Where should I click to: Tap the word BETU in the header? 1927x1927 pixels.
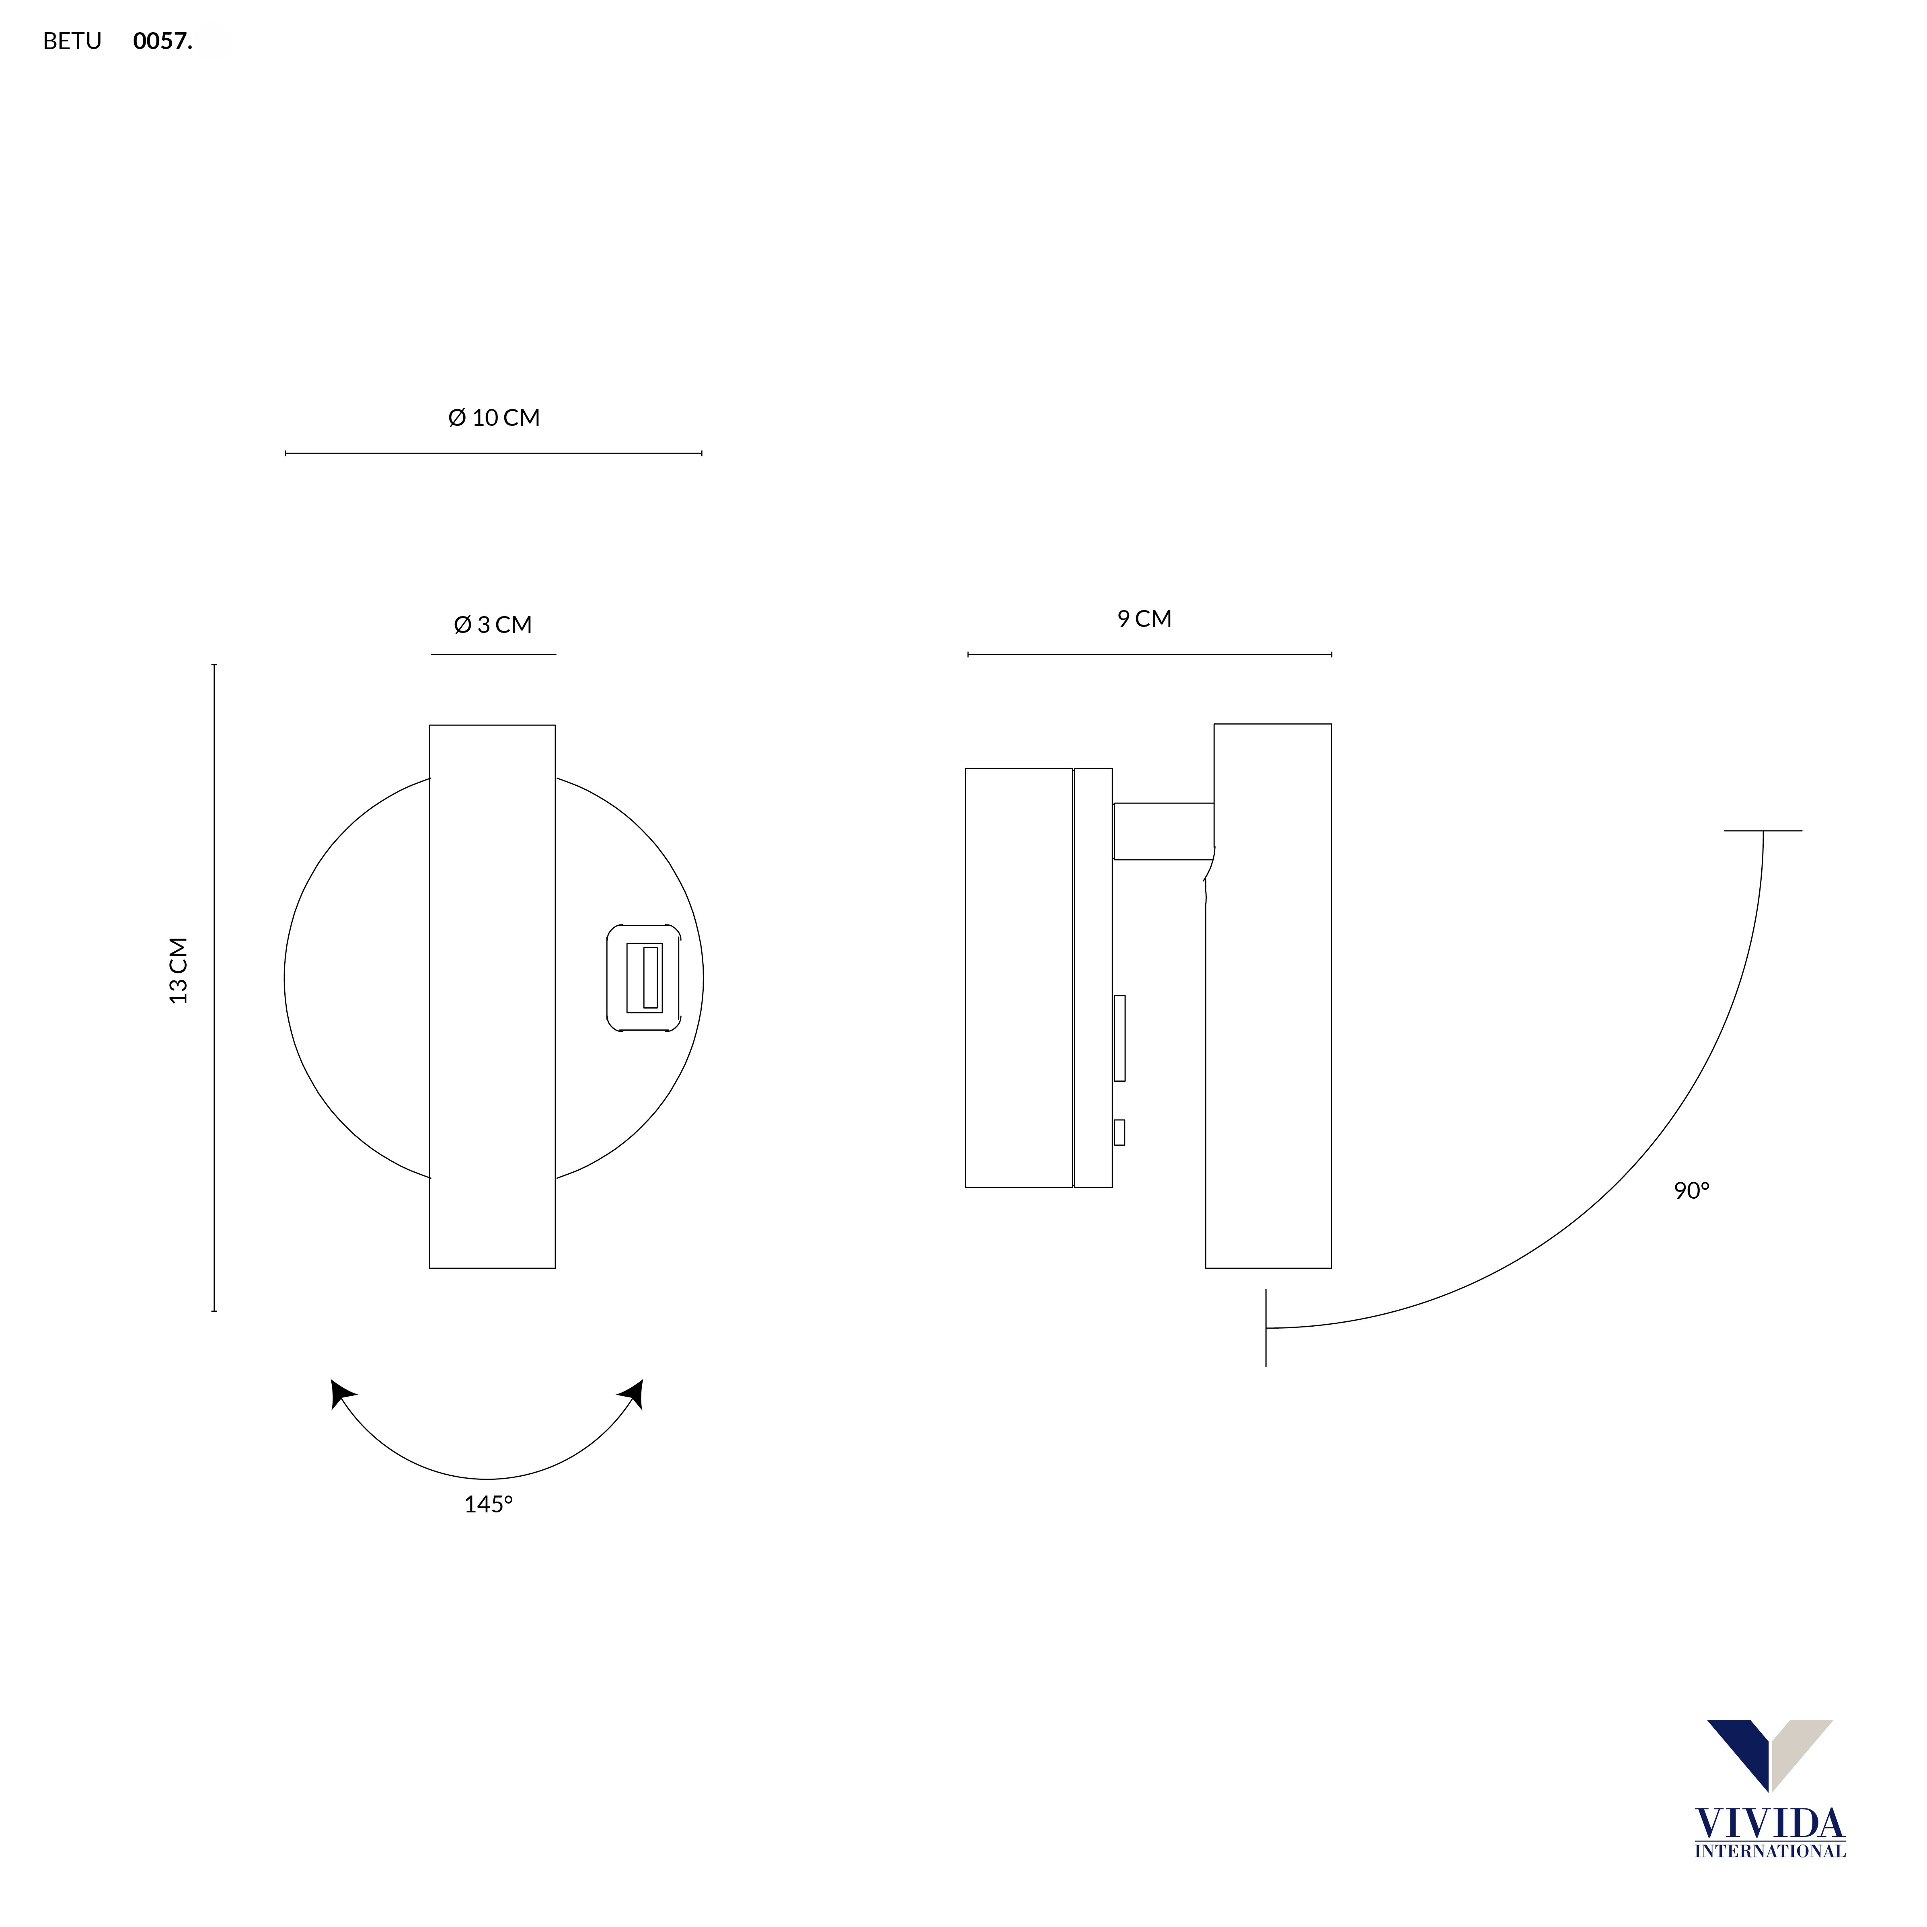pyautogui.click(x=72, y=41)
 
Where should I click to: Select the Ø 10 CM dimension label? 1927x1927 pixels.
pyautogui.click(x=494, y=418)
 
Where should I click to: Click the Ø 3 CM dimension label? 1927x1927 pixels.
pyautogui.click(x=493, y=625)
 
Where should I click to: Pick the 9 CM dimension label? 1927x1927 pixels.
pyautogui.click(x=1144, y=619)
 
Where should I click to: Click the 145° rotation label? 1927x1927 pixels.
pyautogui.click(x=488, y=1504)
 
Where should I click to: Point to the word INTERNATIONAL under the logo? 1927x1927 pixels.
pyautogui.click(x=1769, y=1851)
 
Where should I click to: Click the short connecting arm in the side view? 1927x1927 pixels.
pyautogui.click(x=1163, y=831)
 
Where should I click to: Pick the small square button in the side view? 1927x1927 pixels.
pyautogui.click(x=1119, y=1132)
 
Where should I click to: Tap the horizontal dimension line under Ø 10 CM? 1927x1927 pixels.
pyautogui.click(x=494, y=454)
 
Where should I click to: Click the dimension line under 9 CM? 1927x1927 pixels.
pyautogui.click(x=1149, y=655)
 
